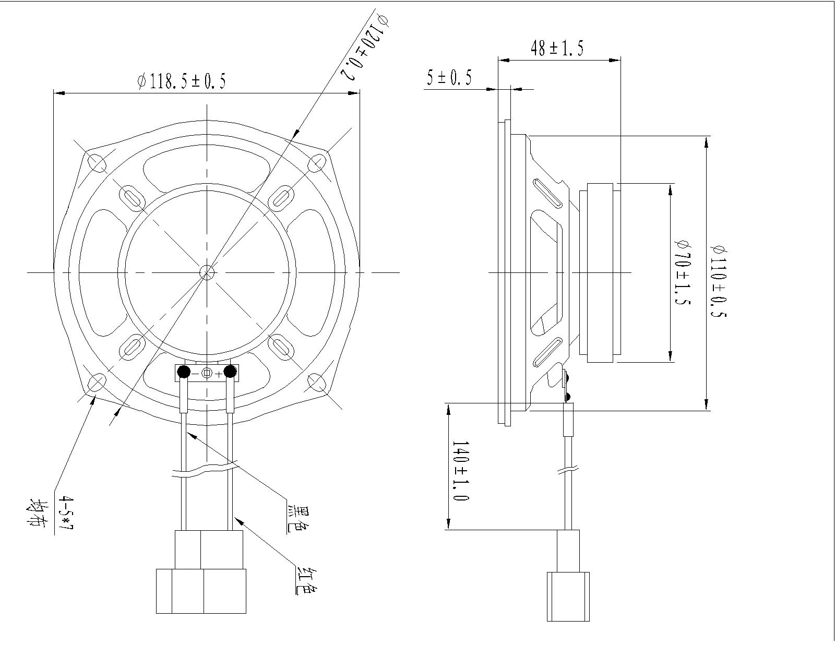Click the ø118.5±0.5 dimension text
[x=182, y=81]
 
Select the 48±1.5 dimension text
[x=557, y=49]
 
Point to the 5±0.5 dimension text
[x=449, y=78]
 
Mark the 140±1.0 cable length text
[x=460, y=471]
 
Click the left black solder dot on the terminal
[x=184, y=372]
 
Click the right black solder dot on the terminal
[x=230, y=372]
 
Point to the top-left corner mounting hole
[x=97, y=162]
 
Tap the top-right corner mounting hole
[x=317, y=163]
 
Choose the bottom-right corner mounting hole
[x=317, y=382]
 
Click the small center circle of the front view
[x=207, y=272]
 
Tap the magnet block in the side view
[x=600, y=272]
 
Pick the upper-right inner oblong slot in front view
[x=281, y=198]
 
